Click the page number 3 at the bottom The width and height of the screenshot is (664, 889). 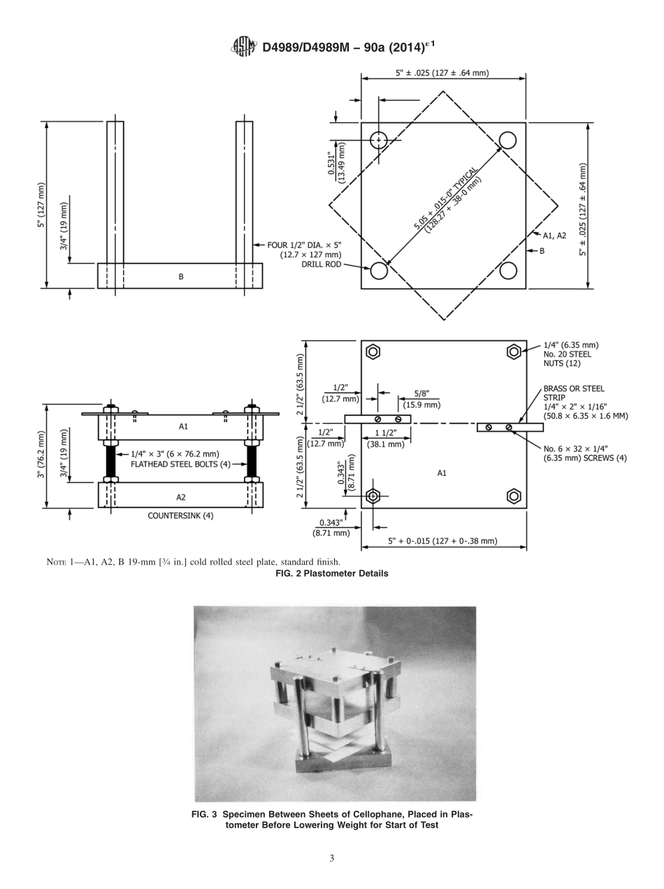[332, 858]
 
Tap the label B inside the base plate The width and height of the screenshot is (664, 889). [181, 277]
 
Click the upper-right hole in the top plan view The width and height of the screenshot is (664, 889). [507, 140]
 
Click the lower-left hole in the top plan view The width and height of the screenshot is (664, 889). [379, 270]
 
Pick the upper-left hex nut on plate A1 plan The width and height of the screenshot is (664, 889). [373, 352]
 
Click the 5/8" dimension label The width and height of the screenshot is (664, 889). [421, 394]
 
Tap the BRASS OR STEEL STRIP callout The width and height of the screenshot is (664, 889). [573, 393]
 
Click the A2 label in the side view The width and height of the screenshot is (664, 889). [181, 497]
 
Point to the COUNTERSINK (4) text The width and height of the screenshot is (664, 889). [180, 516]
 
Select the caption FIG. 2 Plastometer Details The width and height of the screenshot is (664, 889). [332, 574]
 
